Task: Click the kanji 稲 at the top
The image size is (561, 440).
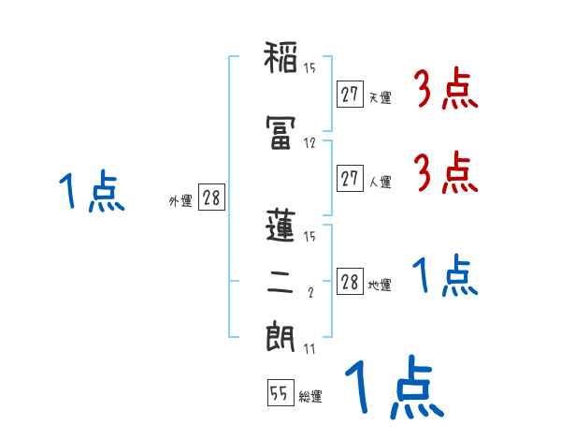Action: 280,59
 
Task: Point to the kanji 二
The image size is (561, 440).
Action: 280,286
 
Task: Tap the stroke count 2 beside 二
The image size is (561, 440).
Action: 310,292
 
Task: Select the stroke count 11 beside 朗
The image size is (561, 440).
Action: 309,348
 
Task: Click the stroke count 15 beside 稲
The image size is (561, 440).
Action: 309,66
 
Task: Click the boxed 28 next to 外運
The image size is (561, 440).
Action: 211,198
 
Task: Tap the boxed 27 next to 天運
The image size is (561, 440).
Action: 350,95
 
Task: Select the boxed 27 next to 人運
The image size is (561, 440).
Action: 350,179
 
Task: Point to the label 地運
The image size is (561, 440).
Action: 380,286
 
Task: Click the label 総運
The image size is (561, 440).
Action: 309,396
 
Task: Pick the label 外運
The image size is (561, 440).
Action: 180,199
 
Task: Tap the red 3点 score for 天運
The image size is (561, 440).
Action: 446,91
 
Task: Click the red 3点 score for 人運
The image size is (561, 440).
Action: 446,173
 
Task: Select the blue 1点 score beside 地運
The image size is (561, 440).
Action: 444,277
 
